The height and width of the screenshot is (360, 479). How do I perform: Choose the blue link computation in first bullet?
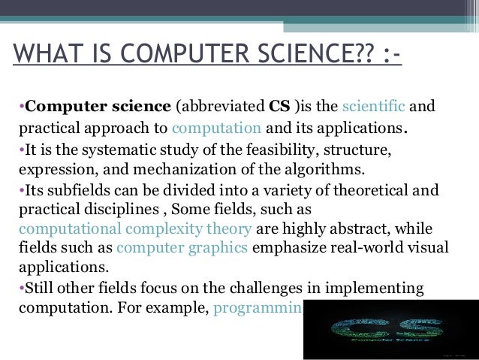(x=215, y=126)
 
